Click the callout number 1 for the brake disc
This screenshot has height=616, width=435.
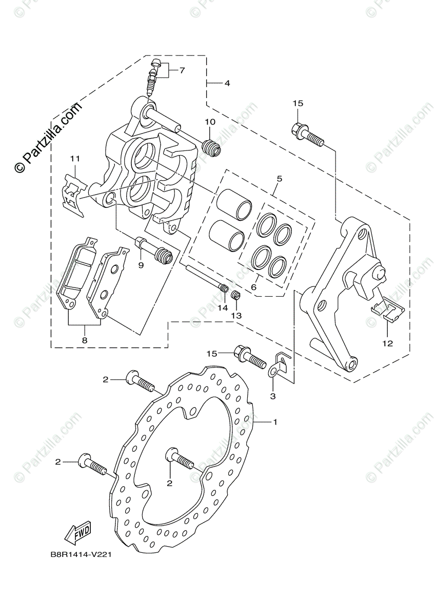[x=275, y=422]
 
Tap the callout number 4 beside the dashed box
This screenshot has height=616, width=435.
[x=227, y=83]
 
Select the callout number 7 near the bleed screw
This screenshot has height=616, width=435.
[x=182, y=70]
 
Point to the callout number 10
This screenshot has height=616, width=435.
[x=210, y=122]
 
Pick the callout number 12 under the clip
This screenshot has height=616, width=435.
[x=387, y=343]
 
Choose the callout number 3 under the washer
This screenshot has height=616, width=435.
[x=273, y=396]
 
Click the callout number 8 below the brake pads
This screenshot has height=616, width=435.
[x=85, y=340]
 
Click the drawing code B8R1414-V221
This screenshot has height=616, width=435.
[x=81, y=554]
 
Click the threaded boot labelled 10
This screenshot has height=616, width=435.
[x=211, y=148]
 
